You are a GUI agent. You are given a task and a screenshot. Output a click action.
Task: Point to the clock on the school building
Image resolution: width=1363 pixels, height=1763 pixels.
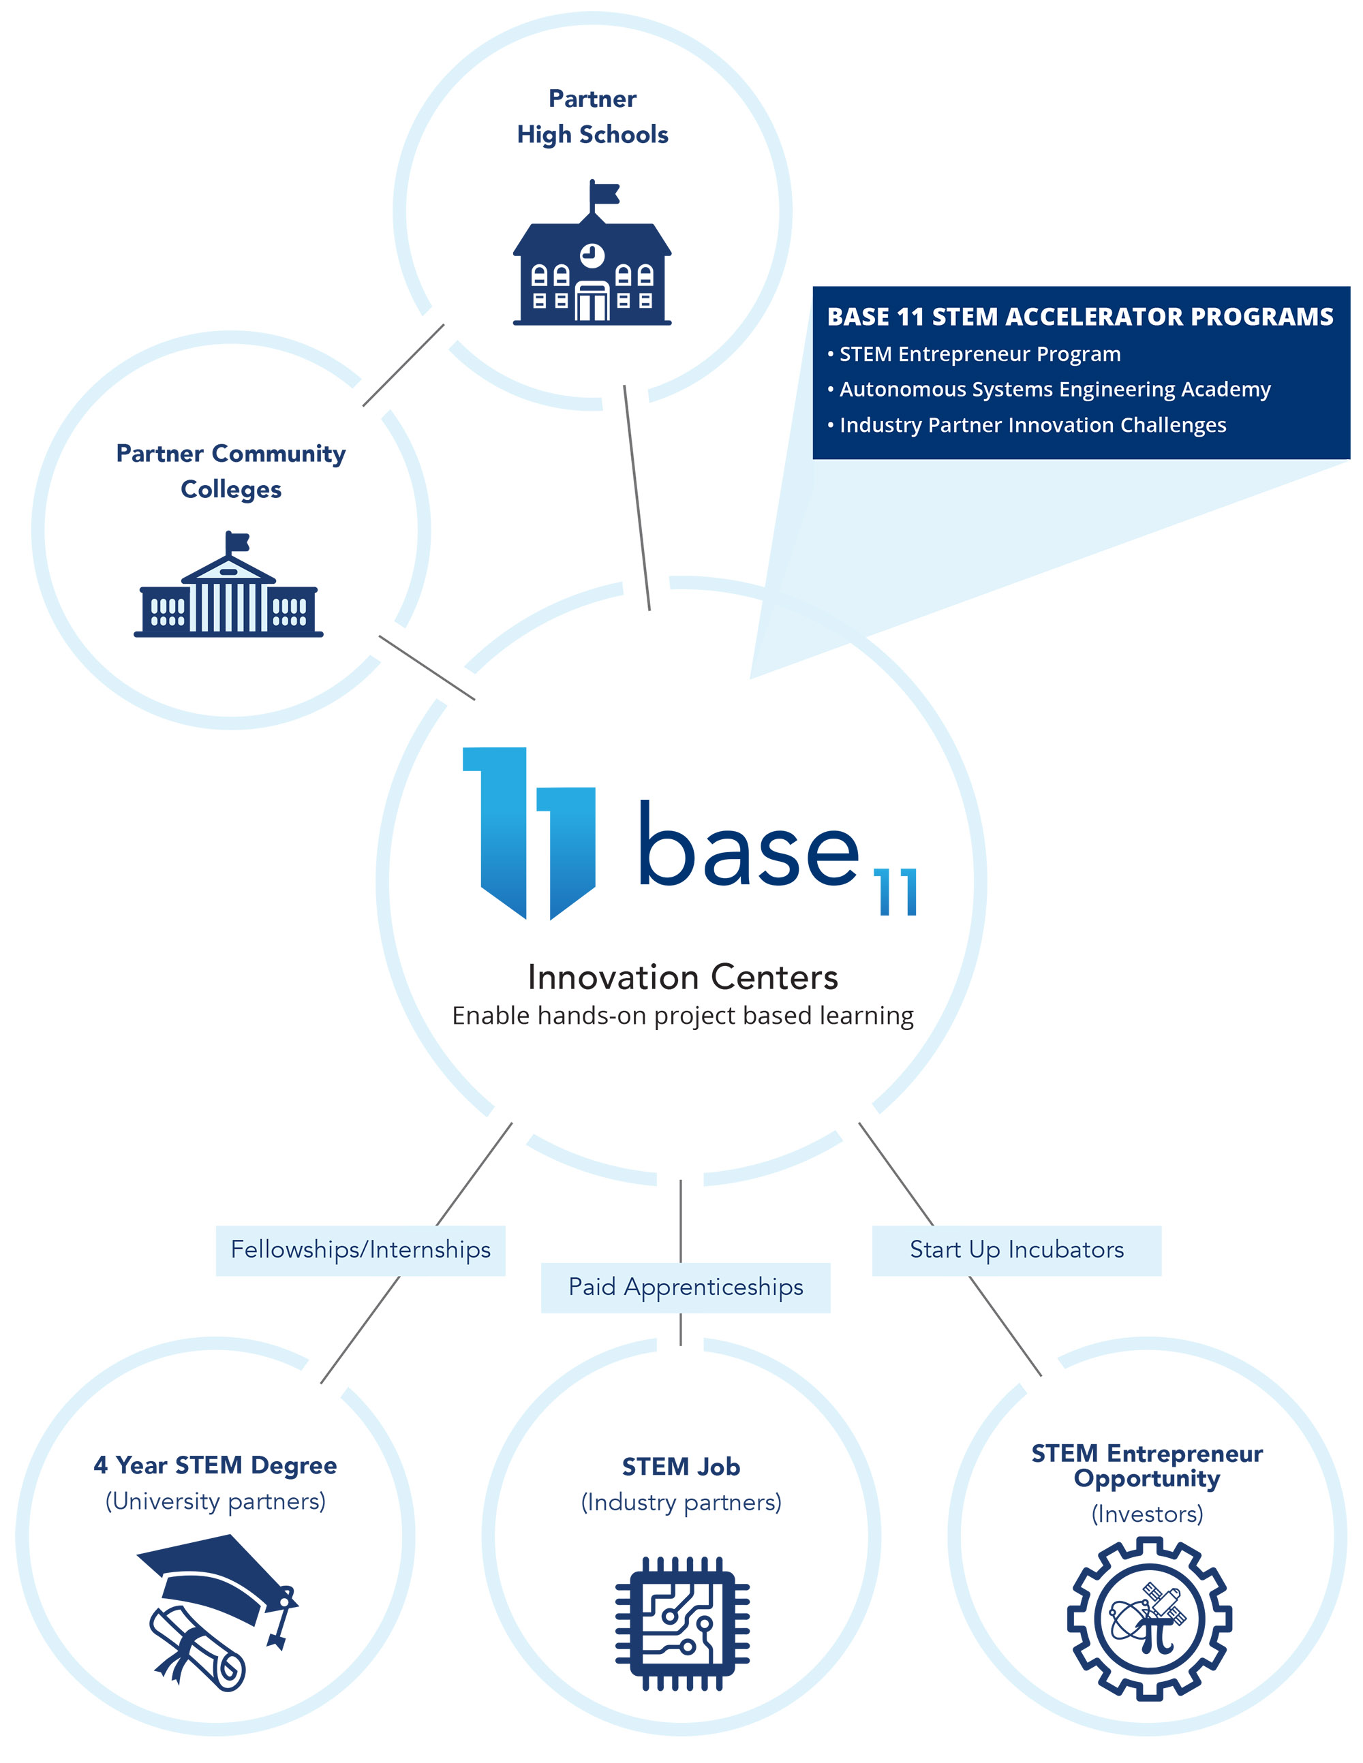[x=592, y=254]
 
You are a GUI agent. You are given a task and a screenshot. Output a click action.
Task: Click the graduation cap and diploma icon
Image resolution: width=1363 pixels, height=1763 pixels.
[x=217, y=1611]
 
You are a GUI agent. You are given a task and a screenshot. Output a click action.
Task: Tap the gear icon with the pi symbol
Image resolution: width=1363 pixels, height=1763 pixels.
[x=1148, y=1619]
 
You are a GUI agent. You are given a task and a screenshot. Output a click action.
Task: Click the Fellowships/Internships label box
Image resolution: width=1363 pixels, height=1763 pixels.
[x=360, y=1249]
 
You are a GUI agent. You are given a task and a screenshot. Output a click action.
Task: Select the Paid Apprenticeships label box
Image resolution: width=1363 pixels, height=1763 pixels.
[x=686, y=1287]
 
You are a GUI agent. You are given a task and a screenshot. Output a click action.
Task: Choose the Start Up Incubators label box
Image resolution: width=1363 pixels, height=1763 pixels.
[x=1016, y=1249]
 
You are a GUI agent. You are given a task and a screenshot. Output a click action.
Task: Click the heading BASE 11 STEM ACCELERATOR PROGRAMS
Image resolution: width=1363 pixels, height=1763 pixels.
[x=1079, y=317]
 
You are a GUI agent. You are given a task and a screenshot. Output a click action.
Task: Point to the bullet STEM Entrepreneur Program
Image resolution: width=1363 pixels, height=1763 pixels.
[x=979, y=354]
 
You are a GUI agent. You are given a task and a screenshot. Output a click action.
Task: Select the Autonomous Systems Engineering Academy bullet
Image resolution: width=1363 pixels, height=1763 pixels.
[x=1054, y=389]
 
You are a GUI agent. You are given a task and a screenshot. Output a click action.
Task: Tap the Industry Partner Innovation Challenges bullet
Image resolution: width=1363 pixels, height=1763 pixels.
[x=1032, y=424]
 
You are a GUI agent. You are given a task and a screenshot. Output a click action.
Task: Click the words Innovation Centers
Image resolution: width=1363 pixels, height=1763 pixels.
[x=682, y=977]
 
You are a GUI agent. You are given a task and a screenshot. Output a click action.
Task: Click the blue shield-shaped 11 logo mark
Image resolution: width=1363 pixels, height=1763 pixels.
[x=530, y=832]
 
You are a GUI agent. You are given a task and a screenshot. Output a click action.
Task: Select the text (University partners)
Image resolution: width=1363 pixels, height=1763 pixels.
[x=215, y=1501]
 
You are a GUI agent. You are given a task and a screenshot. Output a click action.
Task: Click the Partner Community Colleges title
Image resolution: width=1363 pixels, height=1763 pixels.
[x=231, y=471]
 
